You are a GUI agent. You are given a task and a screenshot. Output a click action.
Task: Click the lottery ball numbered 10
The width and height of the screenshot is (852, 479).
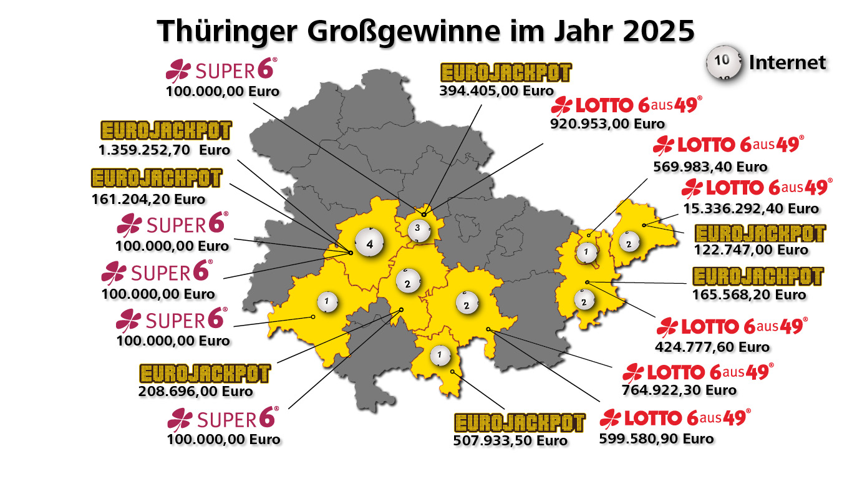(x=722, y=62)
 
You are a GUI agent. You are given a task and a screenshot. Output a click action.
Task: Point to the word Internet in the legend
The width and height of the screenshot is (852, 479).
(x=787, y=62)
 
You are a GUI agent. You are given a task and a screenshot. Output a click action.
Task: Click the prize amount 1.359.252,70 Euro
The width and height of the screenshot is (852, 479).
(x=164, y=150)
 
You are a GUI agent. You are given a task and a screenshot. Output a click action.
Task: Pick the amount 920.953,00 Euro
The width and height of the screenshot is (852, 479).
(x=608, y=123)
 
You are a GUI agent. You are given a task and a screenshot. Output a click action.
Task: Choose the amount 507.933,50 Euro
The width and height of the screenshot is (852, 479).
(x=510, y=441)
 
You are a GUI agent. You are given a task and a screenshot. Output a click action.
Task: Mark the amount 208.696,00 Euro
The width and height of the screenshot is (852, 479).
(x=195, y=392)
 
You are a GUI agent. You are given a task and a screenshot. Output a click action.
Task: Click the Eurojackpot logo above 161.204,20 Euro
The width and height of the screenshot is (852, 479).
(x=157, y=178)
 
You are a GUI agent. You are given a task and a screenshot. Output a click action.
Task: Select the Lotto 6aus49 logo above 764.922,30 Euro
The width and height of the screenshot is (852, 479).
(x=698, y=372)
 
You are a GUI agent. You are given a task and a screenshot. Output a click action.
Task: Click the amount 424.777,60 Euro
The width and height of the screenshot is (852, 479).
(x=712, y=347)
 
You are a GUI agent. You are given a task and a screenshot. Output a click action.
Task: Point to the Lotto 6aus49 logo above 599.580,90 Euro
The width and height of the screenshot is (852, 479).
(x=675, y=418)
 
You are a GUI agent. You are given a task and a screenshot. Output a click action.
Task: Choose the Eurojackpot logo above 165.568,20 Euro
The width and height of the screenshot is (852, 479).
(x=758, y=276)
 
